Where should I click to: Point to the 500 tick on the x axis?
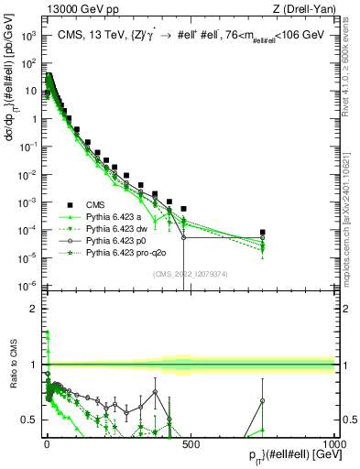tap(191, 443)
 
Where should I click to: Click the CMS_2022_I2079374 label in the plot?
tap(190, 273)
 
